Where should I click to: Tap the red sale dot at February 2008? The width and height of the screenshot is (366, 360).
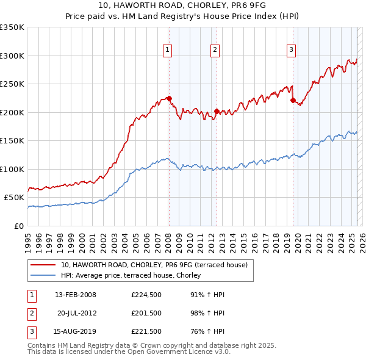coord(169,98)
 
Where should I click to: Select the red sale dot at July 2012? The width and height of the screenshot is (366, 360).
coord(217,112)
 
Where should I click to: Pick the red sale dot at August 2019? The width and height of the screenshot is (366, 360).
coord(293,100)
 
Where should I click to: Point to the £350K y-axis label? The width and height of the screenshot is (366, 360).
coord(12,27)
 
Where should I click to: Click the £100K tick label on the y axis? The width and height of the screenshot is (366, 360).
coord(12,169)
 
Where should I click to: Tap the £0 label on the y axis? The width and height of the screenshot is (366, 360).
coord(18,226)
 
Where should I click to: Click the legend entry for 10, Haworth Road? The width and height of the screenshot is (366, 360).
coord(154,265)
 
